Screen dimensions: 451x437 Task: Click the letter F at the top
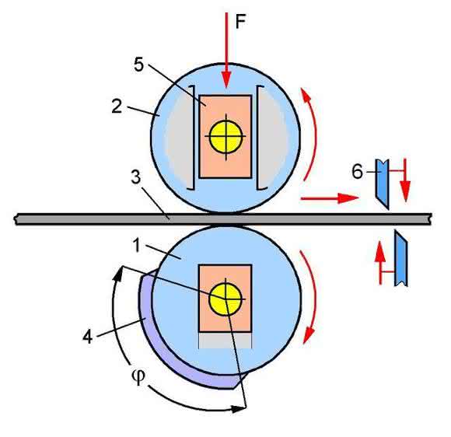[241, 22]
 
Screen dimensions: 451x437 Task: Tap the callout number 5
[138, 65]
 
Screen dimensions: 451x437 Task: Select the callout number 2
[117, 107]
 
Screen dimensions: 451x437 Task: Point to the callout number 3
[136, 177]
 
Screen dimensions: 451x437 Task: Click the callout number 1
[136, 246]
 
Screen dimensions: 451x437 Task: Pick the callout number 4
[87, 337]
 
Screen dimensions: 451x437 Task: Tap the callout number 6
[357, 172]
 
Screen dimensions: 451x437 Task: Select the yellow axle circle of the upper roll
[226, 137]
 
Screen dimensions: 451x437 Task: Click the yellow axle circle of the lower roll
[226, 299]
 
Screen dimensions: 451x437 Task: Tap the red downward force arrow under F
[226, 50]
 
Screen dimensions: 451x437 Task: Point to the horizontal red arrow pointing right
[330, 198]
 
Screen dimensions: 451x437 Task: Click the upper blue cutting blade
[383, 183]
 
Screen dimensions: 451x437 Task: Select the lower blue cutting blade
[401, 259]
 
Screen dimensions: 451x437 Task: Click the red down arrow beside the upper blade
[405, 180]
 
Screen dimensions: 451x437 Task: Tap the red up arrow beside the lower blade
[380, 263]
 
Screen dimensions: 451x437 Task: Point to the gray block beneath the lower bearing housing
[226, 341]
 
